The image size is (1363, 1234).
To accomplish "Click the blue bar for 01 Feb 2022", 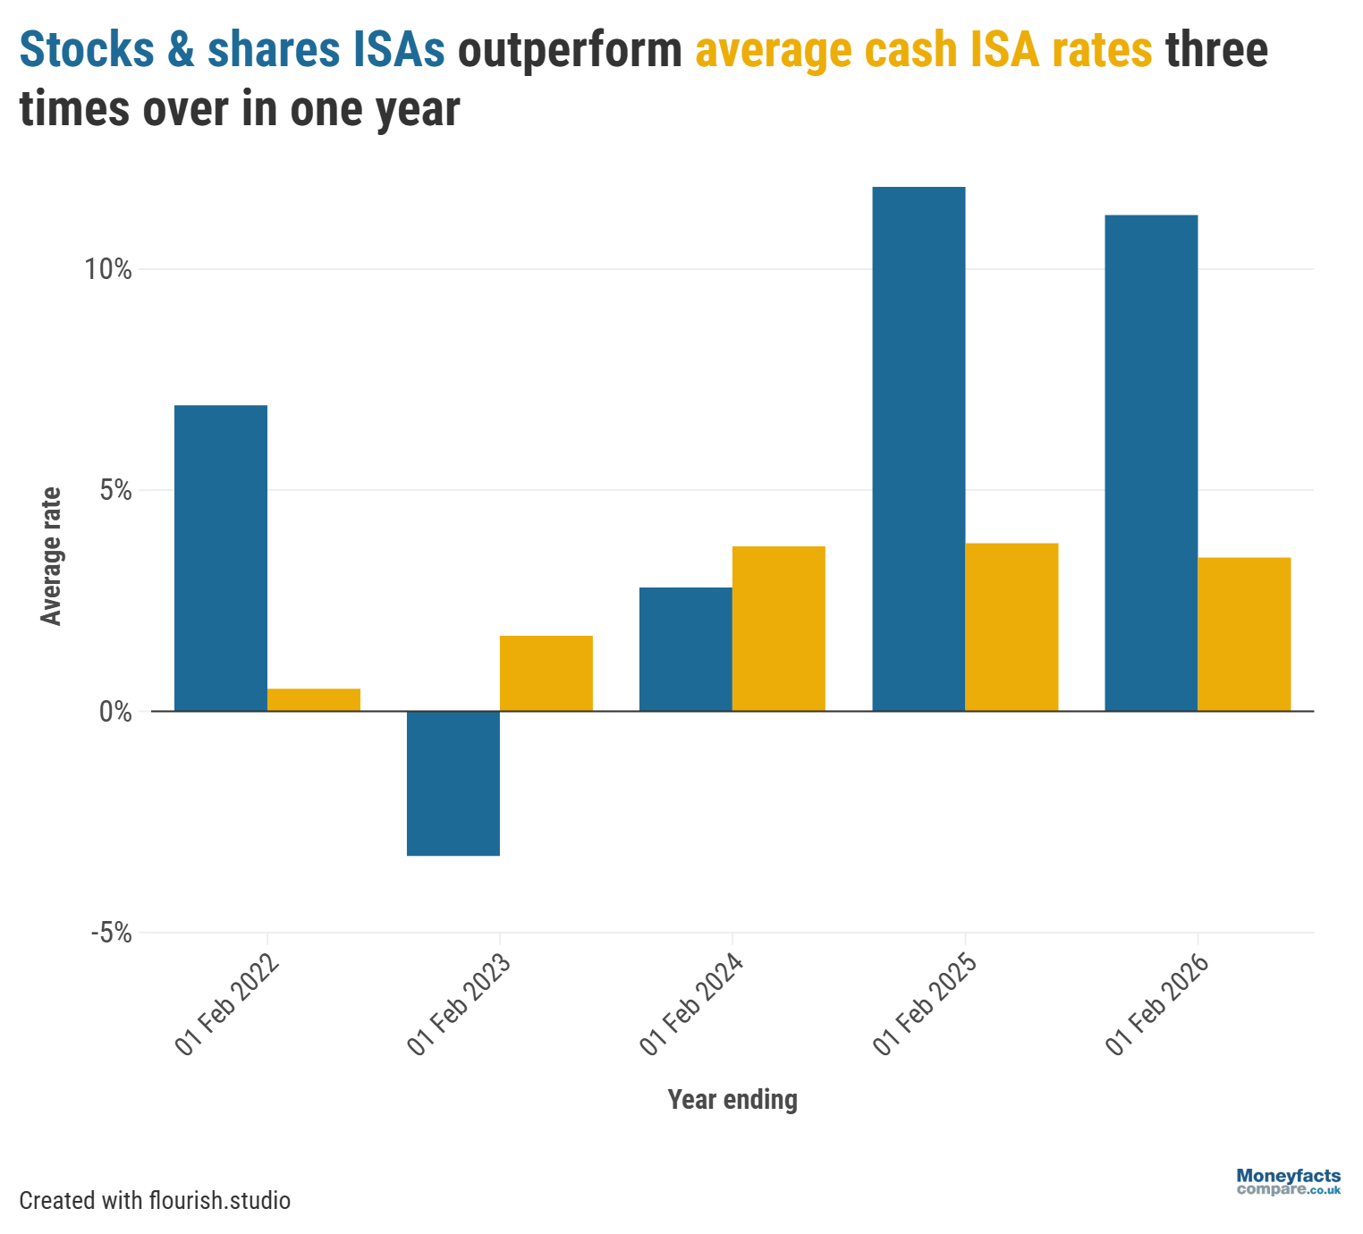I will click(x=220, y=558).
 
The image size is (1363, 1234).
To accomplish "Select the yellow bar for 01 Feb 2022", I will click(x=313, y=699).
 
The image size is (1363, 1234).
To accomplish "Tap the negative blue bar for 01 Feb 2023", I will click(x=453, y=783).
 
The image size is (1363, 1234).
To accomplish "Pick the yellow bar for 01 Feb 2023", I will click(x=546, y=673).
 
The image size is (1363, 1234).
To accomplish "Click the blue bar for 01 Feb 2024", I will click(x=685, y=649).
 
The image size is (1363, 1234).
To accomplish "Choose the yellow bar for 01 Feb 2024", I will click(x=778, y=629).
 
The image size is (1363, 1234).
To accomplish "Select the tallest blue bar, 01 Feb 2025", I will click(x=919, y=449).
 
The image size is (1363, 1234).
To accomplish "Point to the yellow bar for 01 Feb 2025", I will click(x=1012, y=627).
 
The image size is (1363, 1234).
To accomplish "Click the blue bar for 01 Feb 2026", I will click(x=1151, y=463).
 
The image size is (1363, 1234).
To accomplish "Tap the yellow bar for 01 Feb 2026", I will click(x=1244, y=634).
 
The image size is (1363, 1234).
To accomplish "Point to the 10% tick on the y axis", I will click(x=108, y=269).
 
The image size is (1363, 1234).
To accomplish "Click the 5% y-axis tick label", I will click(x=115, y=491).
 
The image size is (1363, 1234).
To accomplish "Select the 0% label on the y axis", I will click(x=115, y=712).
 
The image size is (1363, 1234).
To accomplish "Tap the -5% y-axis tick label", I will click(x=111, y=934).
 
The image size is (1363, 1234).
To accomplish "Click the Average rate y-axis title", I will click(x=52, y=556).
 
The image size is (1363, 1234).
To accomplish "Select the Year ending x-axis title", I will click(x=732, y=1099).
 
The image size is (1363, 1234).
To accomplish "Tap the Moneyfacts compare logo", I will click(x=1288, y=1182).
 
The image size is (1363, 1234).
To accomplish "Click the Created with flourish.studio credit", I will click(x=155, y=1200).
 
